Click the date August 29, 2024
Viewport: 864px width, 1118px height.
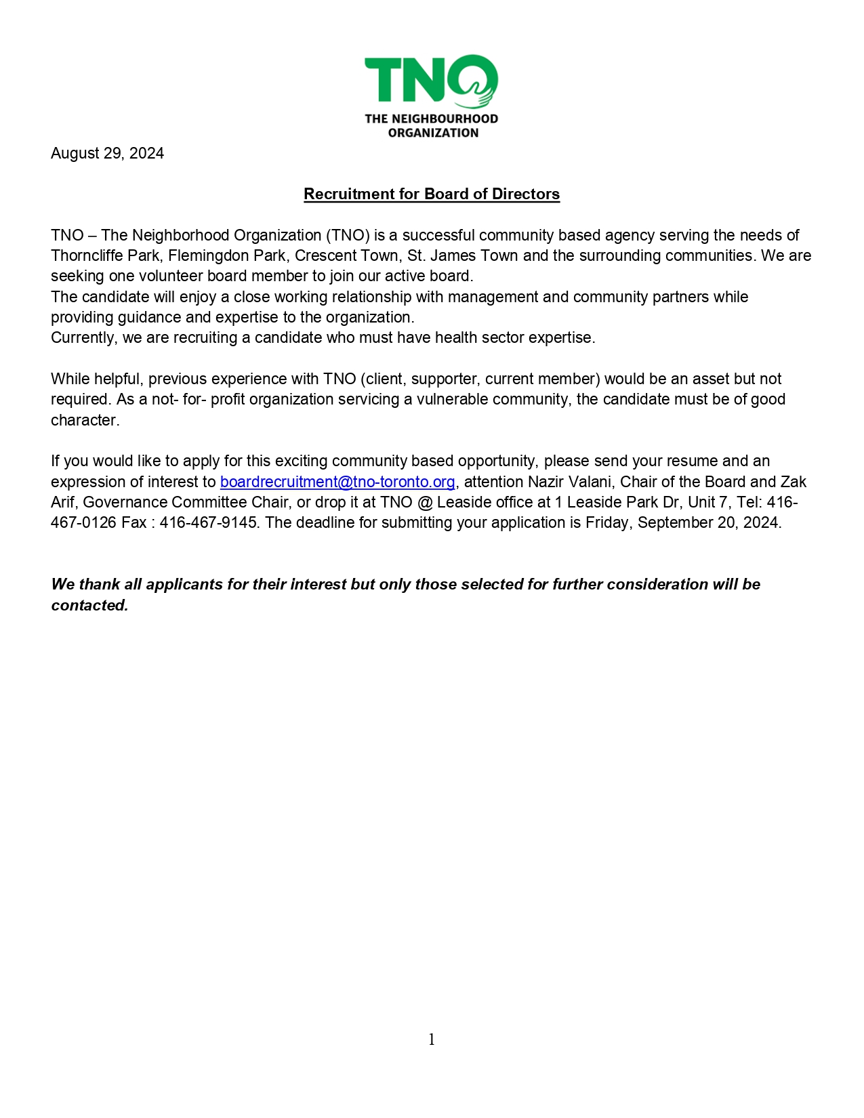coord(107,153)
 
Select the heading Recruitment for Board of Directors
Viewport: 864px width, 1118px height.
coord(432,194)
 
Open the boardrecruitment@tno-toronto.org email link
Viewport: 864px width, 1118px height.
coord(337,482)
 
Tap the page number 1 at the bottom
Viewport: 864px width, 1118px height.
coord(432,1039)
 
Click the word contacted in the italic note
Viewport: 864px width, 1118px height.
coord(89,605)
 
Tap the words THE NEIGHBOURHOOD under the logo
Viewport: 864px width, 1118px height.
coord(432,119)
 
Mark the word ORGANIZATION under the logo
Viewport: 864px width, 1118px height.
coord(433,133)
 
